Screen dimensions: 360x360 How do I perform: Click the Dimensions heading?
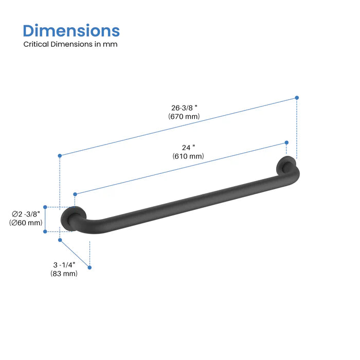[x=71, y=30]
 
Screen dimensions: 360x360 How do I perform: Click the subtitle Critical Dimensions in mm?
[x=70, y=44]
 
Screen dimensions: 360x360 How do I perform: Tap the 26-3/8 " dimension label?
[x=184, y=108]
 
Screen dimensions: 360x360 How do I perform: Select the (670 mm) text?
[x=184, y=117]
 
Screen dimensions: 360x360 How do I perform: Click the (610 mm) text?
[x=189, y=156]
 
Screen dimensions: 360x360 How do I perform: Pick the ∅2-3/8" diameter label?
[x=26, y=213]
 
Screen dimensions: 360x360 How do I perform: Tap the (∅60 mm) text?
[x=26, y=223]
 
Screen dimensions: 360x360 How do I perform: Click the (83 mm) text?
[x=64, y=274]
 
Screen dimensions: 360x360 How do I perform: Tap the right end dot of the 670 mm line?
[x=297, y=97]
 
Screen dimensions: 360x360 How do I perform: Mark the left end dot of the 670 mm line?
[x=60, y=155]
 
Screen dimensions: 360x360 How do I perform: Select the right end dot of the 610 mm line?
[x=286, y=142]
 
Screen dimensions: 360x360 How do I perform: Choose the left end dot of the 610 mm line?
[x=75, y=194]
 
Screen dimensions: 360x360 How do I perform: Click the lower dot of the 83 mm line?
[x=90, y=267]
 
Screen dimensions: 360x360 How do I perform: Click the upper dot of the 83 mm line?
[x=60, y=240]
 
